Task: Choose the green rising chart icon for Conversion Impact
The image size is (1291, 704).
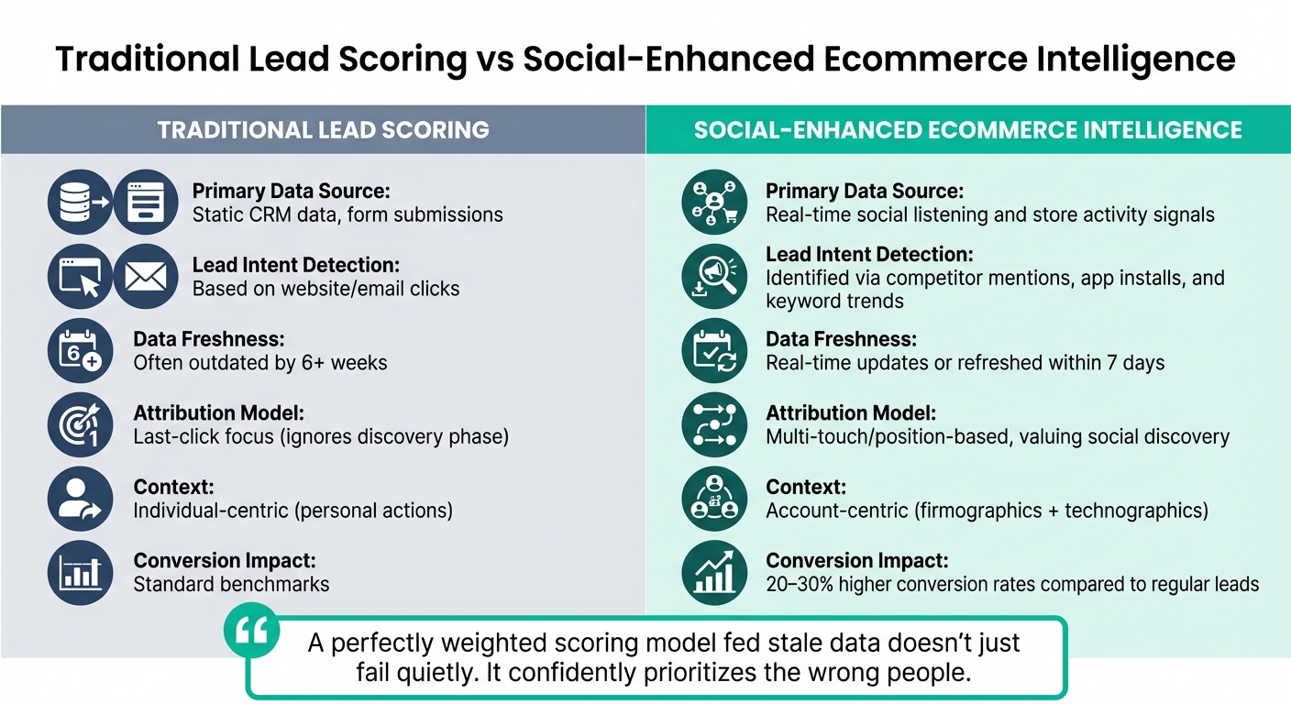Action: coord(715,572)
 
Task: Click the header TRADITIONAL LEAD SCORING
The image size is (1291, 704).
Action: coord(323,129)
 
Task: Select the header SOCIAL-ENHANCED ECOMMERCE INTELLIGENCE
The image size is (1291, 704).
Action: coord(967,129)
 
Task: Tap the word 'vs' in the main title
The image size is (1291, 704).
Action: coord(494,59)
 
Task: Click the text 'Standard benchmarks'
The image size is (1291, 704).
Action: coord(231,584)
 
